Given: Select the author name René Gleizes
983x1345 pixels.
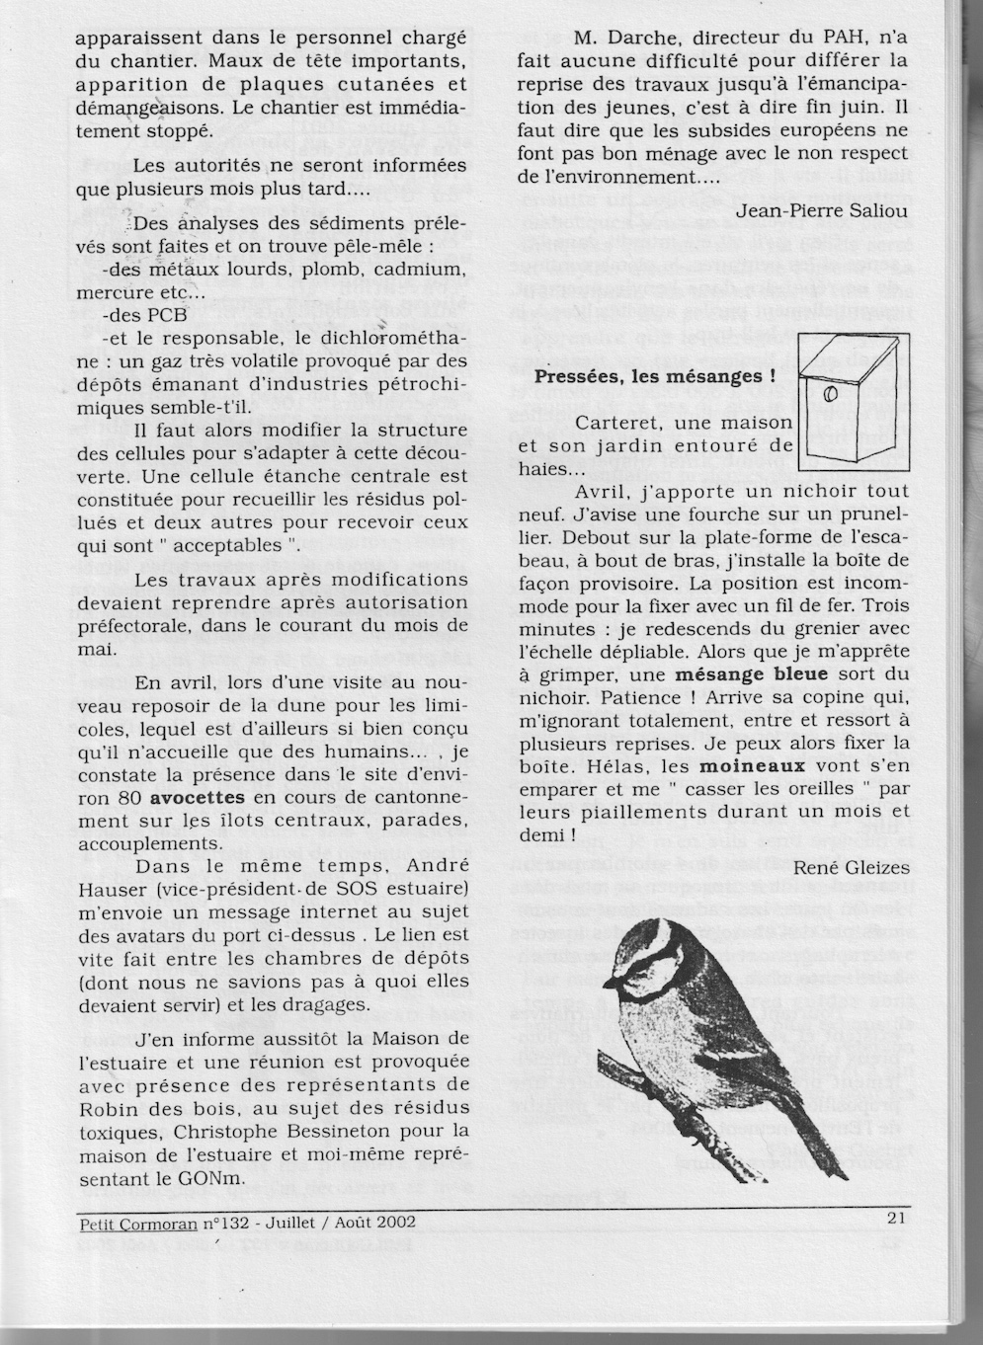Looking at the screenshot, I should pos(852,866).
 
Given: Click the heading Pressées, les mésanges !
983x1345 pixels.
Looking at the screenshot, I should pos(655,376).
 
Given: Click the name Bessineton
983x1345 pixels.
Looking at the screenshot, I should pos(336,1129).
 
